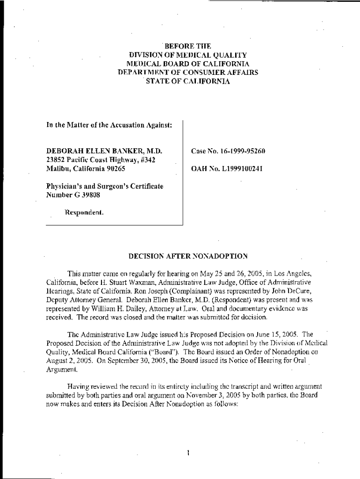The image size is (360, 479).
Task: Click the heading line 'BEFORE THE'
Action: click(x=187, y=46)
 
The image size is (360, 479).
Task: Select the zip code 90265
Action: click(x=115, y=169)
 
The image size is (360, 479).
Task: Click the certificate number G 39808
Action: click(x=87, y=195)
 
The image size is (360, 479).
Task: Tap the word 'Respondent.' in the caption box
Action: click(x=84, y=212)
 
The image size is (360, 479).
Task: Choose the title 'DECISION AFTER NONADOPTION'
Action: click(x=187, y=256)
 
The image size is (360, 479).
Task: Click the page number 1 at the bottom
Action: click(x=187, y=452)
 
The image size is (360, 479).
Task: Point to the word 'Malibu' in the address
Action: click(x=57, y=169)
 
